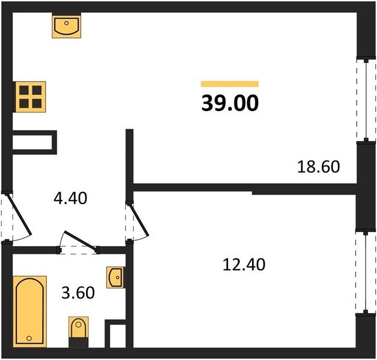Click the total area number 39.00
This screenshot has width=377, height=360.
[230, 103]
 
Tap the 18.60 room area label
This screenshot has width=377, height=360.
[319, 167]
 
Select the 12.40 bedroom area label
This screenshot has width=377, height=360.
[244, 265]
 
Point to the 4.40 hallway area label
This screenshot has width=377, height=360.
[70, 199]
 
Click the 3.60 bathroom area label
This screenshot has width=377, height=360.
[78, 293]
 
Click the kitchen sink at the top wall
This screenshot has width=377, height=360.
[67, 26]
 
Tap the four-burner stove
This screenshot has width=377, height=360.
[30, 97]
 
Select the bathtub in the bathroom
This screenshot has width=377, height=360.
[29, 311]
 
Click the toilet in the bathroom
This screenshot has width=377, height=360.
[79, 332]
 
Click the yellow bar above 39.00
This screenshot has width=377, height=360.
[230, 84]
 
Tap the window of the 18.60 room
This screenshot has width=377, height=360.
[366, 100]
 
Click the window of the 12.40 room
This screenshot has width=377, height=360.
[366, 274]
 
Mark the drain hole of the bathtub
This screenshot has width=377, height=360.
[29, 338]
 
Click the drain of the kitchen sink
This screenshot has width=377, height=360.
[67, 23]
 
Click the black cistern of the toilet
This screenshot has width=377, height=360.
[79, 342]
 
